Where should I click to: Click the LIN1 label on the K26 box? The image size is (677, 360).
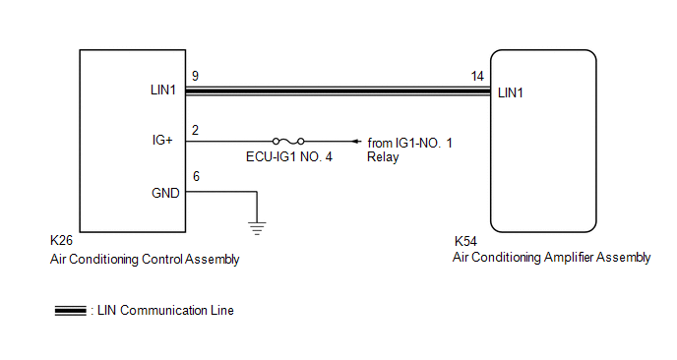click(x=162, y=90)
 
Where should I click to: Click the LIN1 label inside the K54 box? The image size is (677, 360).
click(x=511, y=92)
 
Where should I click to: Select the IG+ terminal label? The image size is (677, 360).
click(x=162, y=141)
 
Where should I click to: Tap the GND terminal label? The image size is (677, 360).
click(x=165, y=193)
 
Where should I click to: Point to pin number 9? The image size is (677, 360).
click(x=195, y=77)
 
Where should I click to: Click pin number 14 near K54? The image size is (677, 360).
click(x=477, y=77)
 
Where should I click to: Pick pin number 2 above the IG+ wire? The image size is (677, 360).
click(x=195, y=131)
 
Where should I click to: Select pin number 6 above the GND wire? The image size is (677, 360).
click(x=196, y=176)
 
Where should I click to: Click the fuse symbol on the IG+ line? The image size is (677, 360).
click(x=288, y=141)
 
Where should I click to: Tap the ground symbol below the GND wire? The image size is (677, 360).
click(x=257, y=228)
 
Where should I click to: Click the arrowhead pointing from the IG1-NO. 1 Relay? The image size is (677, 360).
click(x=356, y=142)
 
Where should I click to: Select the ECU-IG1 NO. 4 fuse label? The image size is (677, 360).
click(x=289, y=156)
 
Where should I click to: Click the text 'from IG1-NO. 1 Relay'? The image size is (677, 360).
click(x=409, y=150)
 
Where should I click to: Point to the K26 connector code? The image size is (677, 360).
click(x=61, y=240)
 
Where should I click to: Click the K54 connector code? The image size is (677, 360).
click(x=465, y=241)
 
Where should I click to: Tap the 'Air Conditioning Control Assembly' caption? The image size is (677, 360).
click(x=145, y=260)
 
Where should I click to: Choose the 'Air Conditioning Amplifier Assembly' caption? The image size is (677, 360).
click(x=551, y=258)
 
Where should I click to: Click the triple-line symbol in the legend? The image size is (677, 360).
click(x=71, y=311)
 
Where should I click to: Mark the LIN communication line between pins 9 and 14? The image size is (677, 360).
click(x=338, y=90)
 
